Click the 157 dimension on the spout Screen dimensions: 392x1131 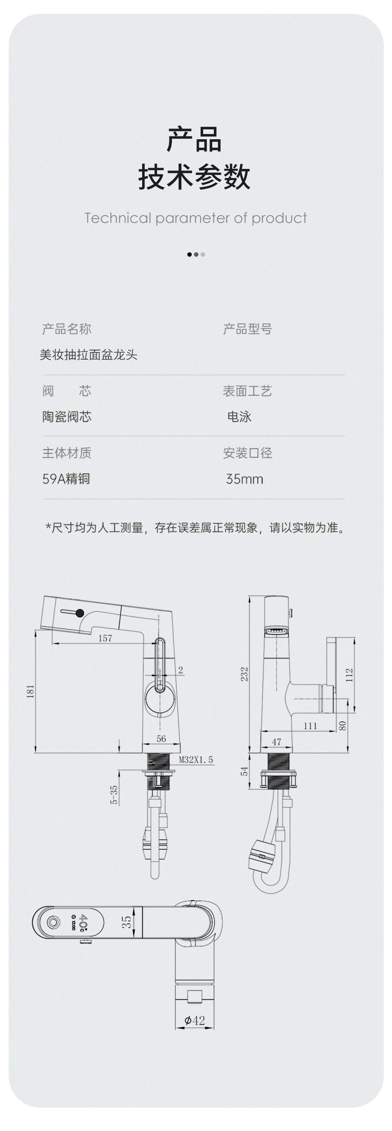tap(105, 638)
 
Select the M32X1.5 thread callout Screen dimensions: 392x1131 tap(196, 760)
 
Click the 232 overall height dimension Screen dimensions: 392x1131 tap(244, 674)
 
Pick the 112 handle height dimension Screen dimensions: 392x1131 tap(349, 674)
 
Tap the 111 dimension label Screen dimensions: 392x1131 tap(310, 726)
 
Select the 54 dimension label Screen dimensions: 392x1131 tap(245, 771)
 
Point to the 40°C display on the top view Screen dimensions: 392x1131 tap(84, 923)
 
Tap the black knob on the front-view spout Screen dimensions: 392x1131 tap(80, 613)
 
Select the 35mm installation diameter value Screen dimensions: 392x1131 tap(244, 479)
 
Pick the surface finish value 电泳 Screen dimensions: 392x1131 tap(239, 417)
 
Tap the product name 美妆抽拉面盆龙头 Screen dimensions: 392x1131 tap(88, 355)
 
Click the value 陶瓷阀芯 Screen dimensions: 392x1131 tap(67, 417)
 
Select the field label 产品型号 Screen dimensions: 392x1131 tap(247, 329)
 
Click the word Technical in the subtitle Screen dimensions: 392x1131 tap(117, 218)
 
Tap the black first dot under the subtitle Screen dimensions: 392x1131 tap(189, 254)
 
